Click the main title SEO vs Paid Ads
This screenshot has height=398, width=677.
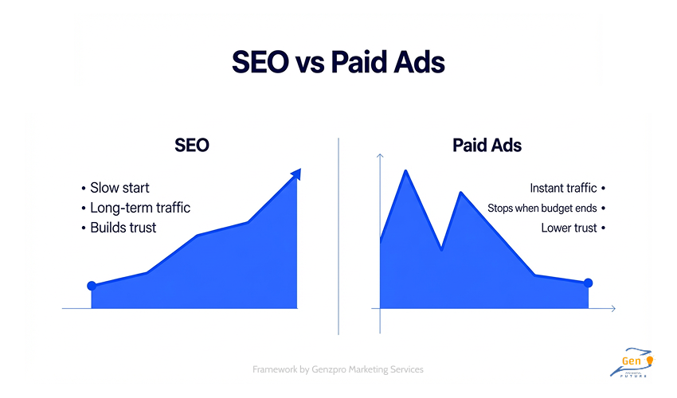(338, 62)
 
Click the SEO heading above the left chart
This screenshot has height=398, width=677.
(191, 146)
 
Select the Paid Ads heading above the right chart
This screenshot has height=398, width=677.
(487, 146)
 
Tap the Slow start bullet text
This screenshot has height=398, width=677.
(119, 189)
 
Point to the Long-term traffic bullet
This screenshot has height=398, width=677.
(140, 209)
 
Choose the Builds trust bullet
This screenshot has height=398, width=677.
(123, 228)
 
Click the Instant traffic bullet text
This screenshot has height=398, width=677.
(563, 189)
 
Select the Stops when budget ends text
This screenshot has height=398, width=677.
(542, 209)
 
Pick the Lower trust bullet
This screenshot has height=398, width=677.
(569, 228)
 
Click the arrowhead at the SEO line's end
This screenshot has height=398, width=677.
(297, 173)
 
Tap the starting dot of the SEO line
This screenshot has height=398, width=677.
(92, 286)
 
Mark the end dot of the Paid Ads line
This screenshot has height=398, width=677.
(588, 283)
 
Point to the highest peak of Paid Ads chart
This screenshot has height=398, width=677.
(406, 170)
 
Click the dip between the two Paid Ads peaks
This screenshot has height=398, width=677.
(441, 250)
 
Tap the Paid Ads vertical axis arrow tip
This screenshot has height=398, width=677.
(381, 154)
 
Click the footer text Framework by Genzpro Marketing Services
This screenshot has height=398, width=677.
(338, 369)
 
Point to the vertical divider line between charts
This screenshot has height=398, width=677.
(338, 239)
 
